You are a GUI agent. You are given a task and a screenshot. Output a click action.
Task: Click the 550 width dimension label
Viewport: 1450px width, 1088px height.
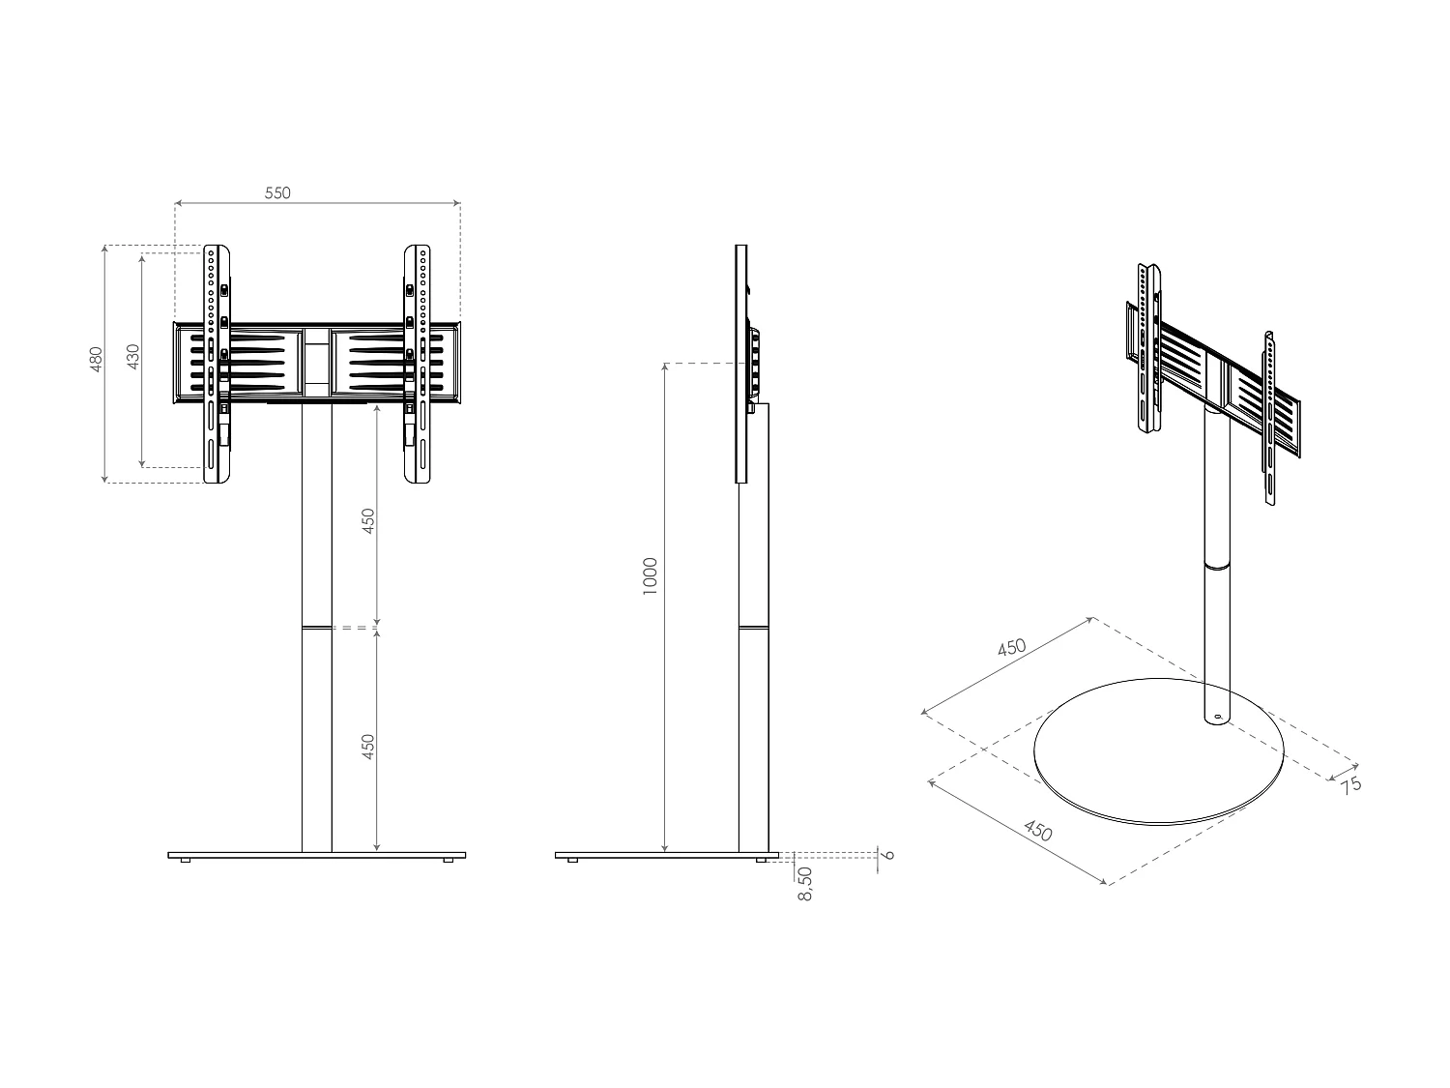click(277, 192)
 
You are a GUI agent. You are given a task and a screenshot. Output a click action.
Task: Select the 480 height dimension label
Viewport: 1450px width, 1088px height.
click(96, 359)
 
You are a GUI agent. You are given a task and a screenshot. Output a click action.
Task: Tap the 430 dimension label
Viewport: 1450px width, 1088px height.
click(133, 356)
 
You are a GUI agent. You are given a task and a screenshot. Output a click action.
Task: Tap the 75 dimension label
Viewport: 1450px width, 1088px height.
click(1350, 784)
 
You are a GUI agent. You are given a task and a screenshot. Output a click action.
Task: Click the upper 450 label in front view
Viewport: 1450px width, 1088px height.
click(367, 520)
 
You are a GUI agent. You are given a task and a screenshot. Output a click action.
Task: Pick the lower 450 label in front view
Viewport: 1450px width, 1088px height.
click(367, 747)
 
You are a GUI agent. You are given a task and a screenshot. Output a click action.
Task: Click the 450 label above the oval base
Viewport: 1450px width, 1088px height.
click(1011, 648)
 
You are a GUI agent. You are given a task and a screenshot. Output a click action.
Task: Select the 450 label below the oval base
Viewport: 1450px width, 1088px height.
click(1037, 830)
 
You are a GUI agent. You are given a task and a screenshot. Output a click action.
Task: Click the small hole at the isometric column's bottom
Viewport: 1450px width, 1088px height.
click(1217, 718)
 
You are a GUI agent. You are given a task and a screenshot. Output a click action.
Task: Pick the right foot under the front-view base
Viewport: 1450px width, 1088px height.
click(448, 861)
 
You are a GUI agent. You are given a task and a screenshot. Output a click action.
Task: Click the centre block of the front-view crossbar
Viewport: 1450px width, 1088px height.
click(317, 362)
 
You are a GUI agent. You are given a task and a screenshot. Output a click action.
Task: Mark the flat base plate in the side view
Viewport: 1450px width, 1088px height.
click(667, 855)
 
